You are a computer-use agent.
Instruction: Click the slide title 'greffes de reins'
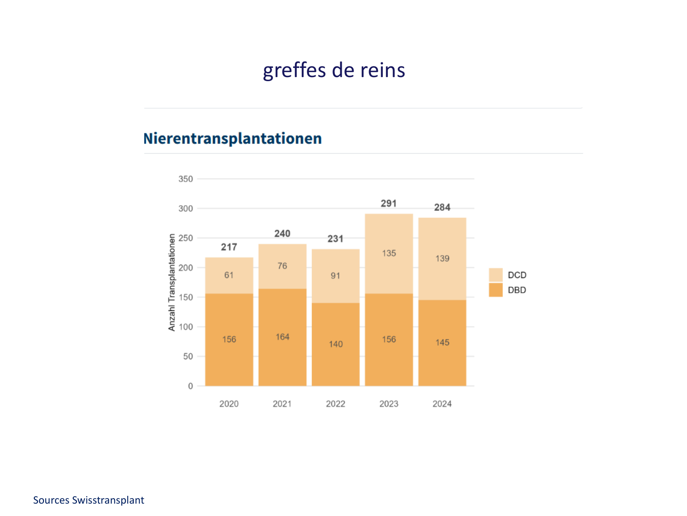tap(334, 70)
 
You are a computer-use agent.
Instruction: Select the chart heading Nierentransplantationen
tap(233, 139)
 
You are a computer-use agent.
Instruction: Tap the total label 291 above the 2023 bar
tap(388, 203)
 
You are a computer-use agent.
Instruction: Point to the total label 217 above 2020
tap(229, 247)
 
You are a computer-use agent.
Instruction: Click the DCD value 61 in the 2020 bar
tap(229, 275)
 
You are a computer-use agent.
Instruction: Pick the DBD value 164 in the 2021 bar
tap(282, 337)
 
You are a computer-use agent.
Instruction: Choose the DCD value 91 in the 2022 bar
tap(335, 276)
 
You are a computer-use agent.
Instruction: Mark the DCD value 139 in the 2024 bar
tap(442, 259)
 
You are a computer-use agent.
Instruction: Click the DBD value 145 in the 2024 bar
tap(442, 343)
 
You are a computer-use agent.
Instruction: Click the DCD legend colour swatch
tap(496, 275)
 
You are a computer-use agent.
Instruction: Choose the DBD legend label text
tap(517, 290)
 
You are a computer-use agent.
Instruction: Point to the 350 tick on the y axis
tap(185, 179)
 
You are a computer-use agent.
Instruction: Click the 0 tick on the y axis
tap(191, 386)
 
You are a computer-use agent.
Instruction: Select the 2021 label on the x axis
tap(282, 404)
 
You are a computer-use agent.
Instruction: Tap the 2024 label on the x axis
tap(442, 404)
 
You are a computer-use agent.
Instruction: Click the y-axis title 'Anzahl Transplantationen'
tap(172, 283)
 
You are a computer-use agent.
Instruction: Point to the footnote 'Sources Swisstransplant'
tap(88, 500)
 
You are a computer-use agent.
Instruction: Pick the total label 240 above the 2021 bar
tap(282, 233)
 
